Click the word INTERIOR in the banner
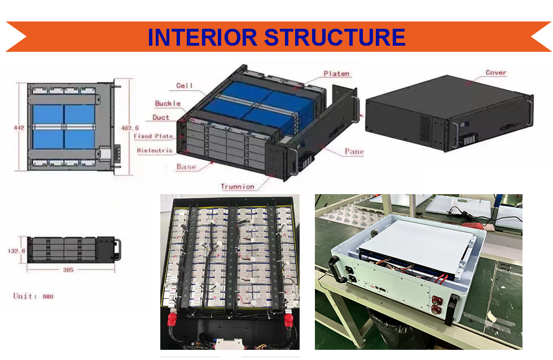(x=203, y=37)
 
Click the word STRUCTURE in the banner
(x=334, y=37)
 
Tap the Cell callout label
(x=185, y=86)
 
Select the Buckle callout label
(x=168, y=103)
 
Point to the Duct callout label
(x=161, y=117)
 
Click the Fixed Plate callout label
(x=153, y=136)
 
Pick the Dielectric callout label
(x=154, y=151)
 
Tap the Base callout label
(x=186, y=167)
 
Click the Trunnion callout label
(x=237, y=187)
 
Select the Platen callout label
(x=336, y=73)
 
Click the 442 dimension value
(x=19, y=128)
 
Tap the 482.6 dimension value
(x=130, y=128)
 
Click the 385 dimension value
(x=68, y=270)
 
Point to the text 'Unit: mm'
(x=33, y=296)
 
